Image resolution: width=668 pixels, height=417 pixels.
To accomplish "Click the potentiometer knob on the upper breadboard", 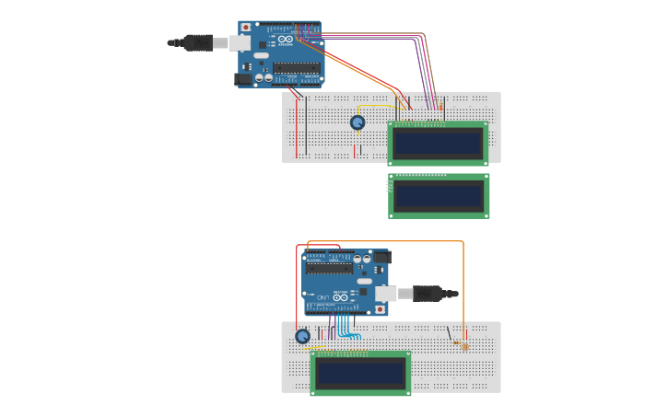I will click(357, 122).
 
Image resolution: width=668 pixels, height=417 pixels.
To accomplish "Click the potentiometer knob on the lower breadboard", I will click(302, 336).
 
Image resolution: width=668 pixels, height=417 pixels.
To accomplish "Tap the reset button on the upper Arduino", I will click(246, 28).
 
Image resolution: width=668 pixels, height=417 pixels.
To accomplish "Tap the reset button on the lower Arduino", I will click(380, 309).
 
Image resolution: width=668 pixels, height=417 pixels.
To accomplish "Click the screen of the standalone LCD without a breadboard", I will click(439, 197).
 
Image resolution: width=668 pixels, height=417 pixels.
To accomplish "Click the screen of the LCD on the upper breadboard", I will click(439, 144).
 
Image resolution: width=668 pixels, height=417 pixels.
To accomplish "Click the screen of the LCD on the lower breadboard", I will click(360, 373).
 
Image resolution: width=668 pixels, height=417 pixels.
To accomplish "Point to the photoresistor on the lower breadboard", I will click(465, 346).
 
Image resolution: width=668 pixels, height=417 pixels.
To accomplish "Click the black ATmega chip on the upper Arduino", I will click(297, 68).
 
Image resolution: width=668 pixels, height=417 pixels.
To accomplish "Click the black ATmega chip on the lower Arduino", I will click(330, 269).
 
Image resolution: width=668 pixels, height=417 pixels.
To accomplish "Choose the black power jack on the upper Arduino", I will click(244, 79).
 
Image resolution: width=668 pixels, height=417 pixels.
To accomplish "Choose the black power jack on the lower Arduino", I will click(381, 258).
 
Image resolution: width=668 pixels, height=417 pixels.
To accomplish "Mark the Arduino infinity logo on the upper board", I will click(286, 40).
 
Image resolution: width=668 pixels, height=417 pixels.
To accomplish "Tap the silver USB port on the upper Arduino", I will click(240, 42).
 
